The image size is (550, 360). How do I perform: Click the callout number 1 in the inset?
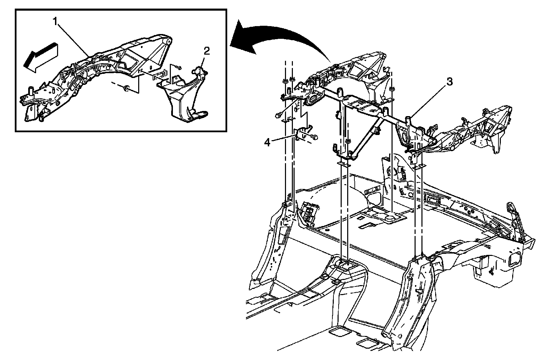pyautogui.click(x=55, y=21)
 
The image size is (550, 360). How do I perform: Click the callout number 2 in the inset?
pyautogui.click(x=206, y=52)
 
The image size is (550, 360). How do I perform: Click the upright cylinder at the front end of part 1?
pyautogui.click(x=30, y=91)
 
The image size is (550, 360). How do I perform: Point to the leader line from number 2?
pyautogui.click(x=203, y=62)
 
